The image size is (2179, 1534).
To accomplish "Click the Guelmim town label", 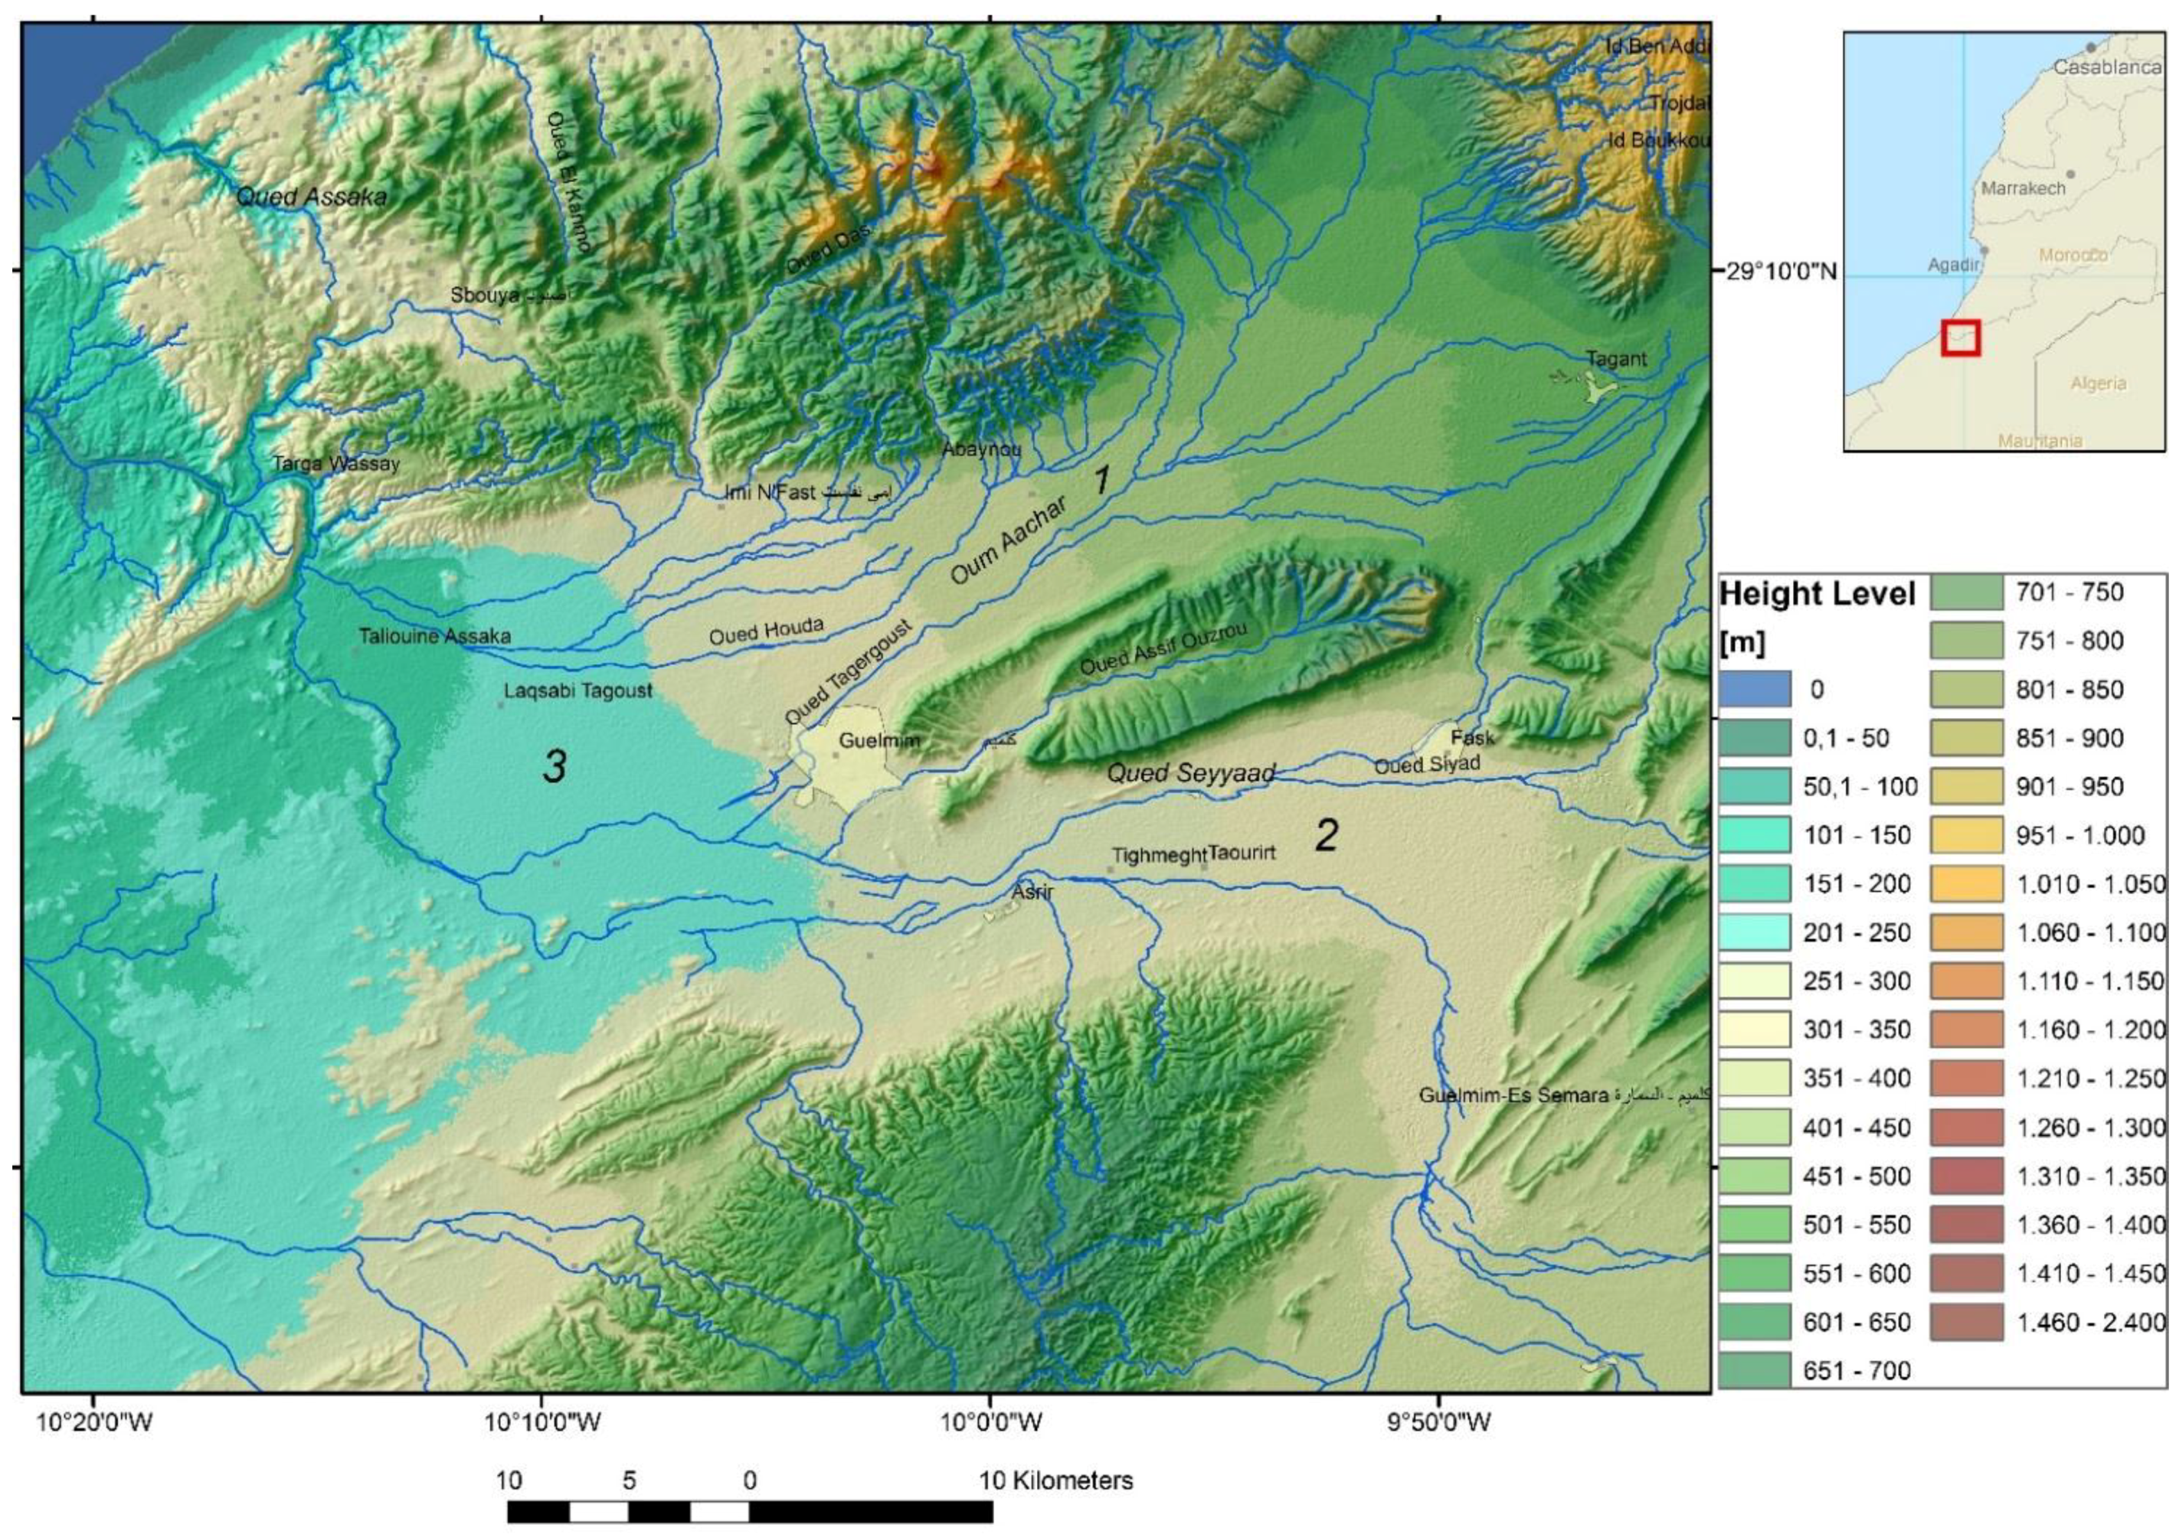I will tap(878, 740).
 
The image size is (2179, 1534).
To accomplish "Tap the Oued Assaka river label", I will tap(311, 197).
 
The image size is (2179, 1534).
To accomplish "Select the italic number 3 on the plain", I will tap(555, 766).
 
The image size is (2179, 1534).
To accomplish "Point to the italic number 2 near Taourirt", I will tap(1326, 835).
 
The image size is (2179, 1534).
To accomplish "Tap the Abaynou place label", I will tap(980, 449).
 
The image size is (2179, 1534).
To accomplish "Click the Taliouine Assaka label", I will tap(435, 635).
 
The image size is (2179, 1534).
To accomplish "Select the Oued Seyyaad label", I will tap(1190, 773).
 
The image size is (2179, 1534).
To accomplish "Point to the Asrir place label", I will tap(1032, 893).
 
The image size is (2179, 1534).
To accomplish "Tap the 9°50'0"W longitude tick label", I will tap(1440, 1423).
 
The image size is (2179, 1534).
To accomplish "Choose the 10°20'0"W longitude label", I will tap(92, 1423).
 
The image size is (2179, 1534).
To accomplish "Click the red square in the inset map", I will tap(1960, 338).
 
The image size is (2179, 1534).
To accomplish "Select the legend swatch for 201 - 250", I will tap(1754, 932).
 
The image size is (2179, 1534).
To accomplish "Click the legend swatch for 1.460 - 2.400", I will tap(1966, 1321).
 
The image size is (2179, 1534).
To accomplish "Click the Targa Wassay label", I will tap(336, 464).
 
